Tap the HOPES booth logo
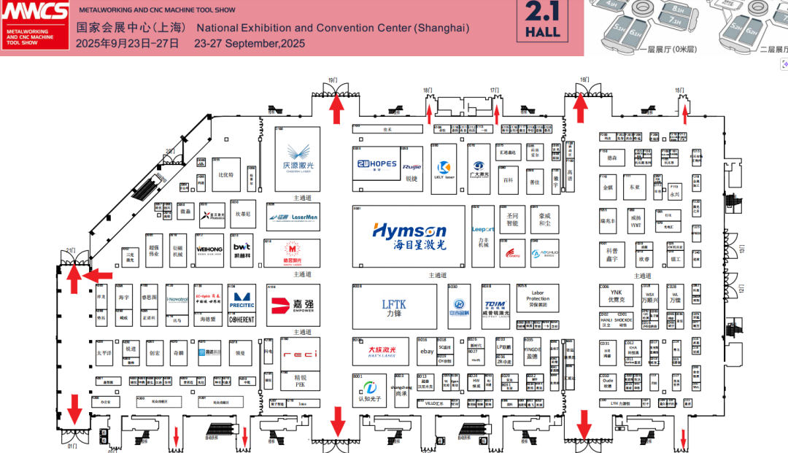click(x=376, y=165)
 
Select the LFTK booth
click(x=394, y=308)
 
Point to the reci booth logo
click(x=300, y=355)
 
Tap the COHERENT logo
click(x=242, y=319)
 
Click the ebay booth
click(x=426, y=352)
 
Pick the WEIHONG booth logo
click(x=209, y=249)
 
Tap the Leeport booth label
click(x=482, y=229)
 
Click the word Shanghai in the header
click(x=441, y=28)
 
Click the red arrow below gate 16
click(x=581, y=107)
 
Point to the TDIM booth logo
click(x=495, y=306)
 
